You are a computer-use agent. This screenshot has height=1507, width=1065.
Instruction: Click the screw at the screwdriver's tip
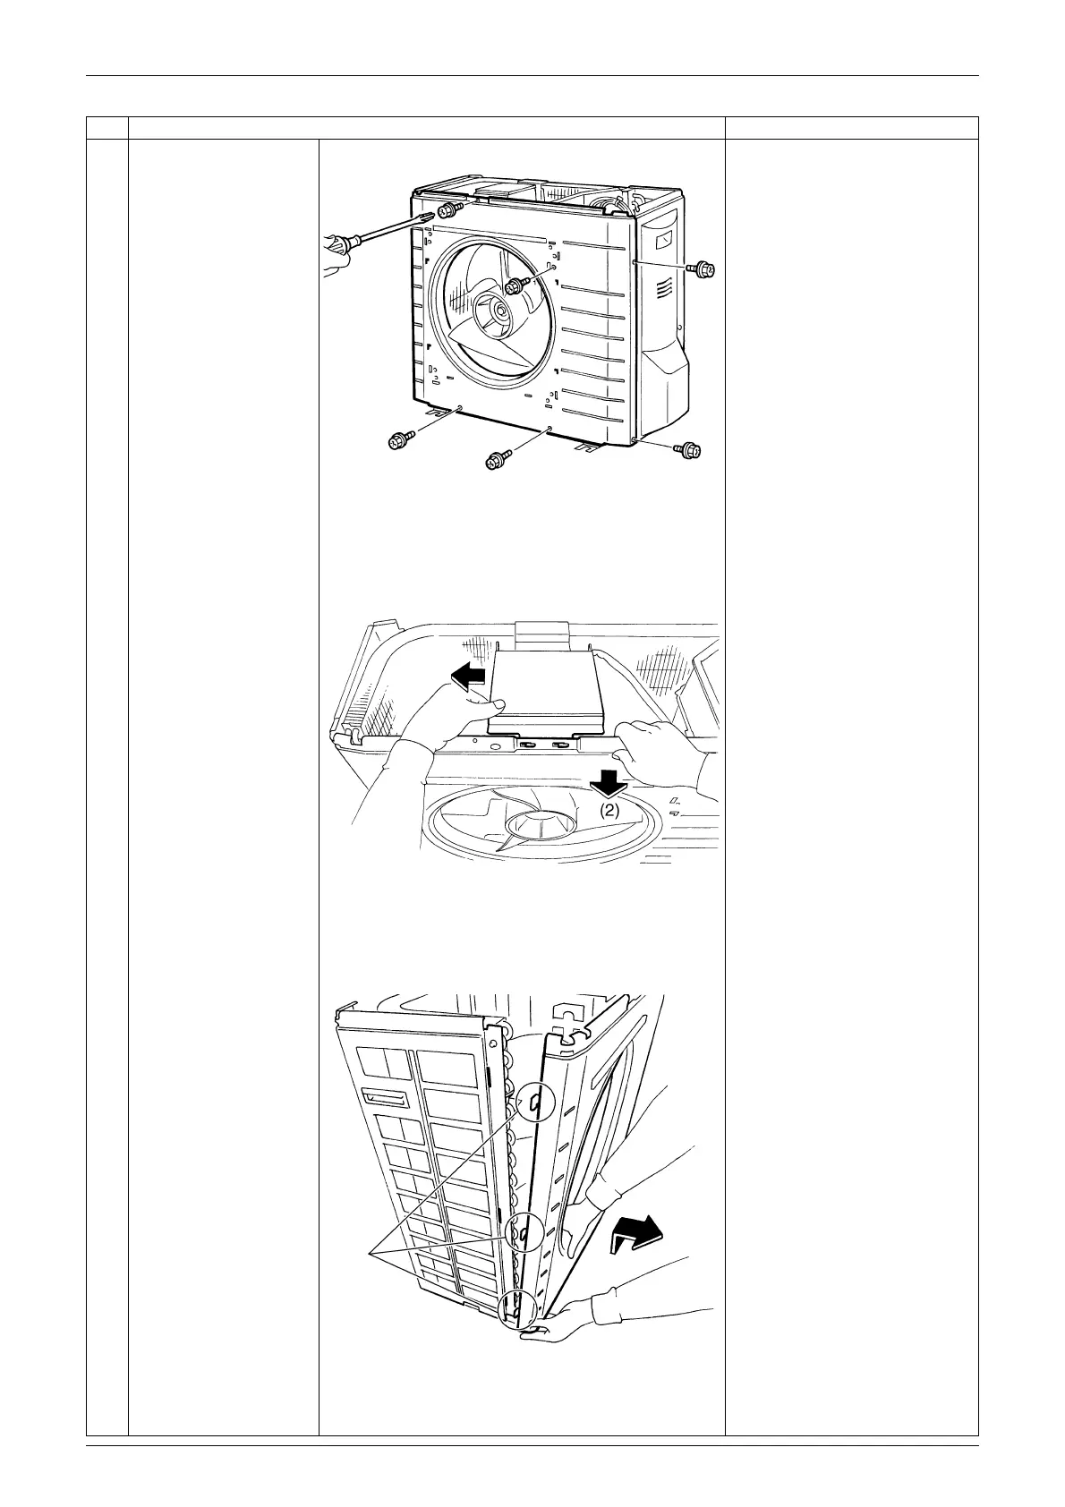click(448, 210)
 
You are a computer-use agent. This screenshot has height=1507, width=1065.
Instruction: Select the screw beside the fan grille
click(516, 285)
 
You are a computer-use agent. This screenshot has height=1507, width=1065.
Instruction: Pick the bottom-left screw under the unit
click(399, 439)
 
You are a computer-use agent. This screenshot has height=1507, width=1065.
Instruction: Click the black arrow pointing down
click(610, 782)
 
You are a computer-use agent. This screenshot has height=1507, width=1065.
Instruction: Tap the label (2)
click(609, 810)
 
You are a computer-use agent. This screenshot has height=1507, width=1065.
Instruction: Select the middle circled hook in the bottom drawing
click(522, 1235)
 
